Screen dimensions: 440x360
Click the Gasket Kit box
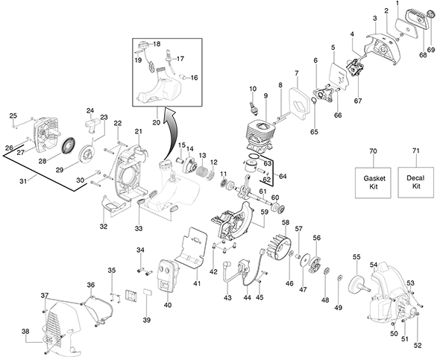373,183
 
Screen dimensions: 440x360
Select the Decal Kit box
416,183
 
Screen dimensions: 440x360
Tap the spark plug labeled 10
254,107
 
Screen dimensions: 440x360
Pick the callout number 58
286,222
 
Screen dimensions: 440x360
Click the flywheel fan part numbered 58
279,248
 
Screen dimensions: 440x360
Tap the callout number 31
23,181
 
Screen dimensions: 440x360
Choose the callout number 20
157,122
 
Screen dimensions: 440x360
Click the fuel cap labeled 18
143,44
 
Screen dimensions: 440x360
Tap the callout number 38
25,332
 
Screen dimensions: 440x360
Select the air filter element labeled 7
299,104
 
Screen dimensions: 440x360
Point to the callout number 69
431,50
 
